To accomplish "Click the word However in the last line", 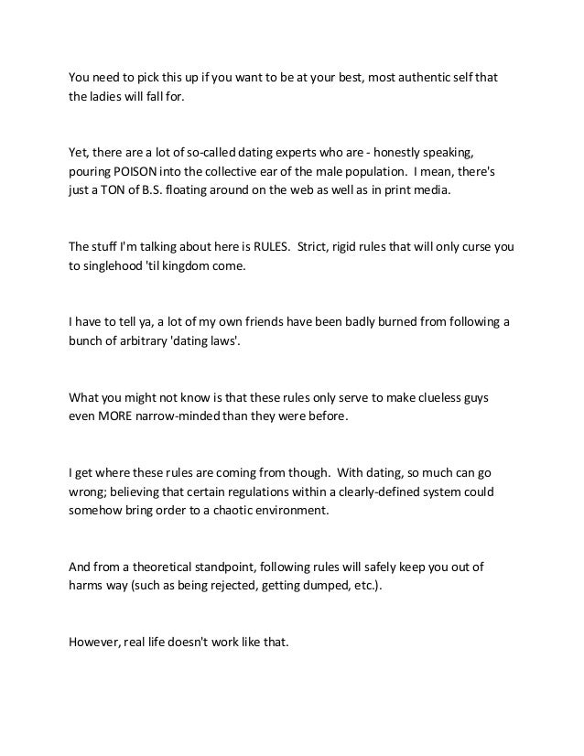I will coord(93,641).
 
